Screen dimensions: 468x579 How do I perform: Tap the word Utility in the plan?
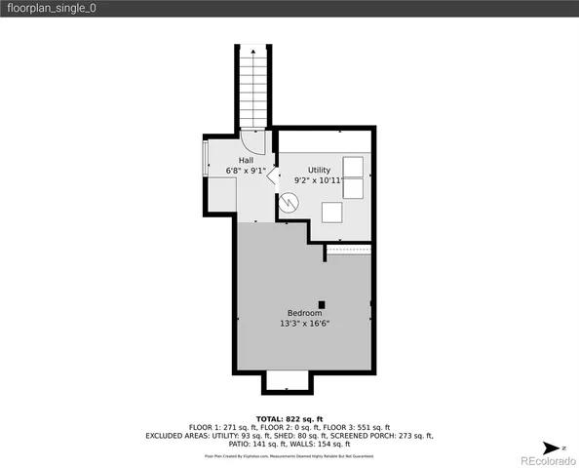tap(320, 170)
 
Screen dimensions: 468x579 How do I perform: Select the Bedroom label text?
tap(302, 312)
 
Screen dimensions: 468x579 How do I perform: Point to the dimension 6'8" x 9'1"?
tap(246, 171)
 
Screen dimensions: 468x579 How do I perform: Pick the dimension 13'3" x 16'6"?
tap(303, 323)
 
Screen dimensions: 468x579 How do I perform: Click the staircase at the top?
tap(252, 88)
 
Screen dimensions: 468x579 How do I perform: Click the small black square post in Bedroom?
tap(322, 304)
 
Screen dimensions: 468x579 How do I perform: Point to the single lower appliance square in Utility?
tap(333, 212)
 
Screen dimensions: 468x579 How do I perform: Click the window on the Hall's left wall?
tap(205, 157)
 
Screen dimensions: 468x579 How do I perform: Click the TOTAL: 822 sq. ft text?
tap(289, 417)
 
